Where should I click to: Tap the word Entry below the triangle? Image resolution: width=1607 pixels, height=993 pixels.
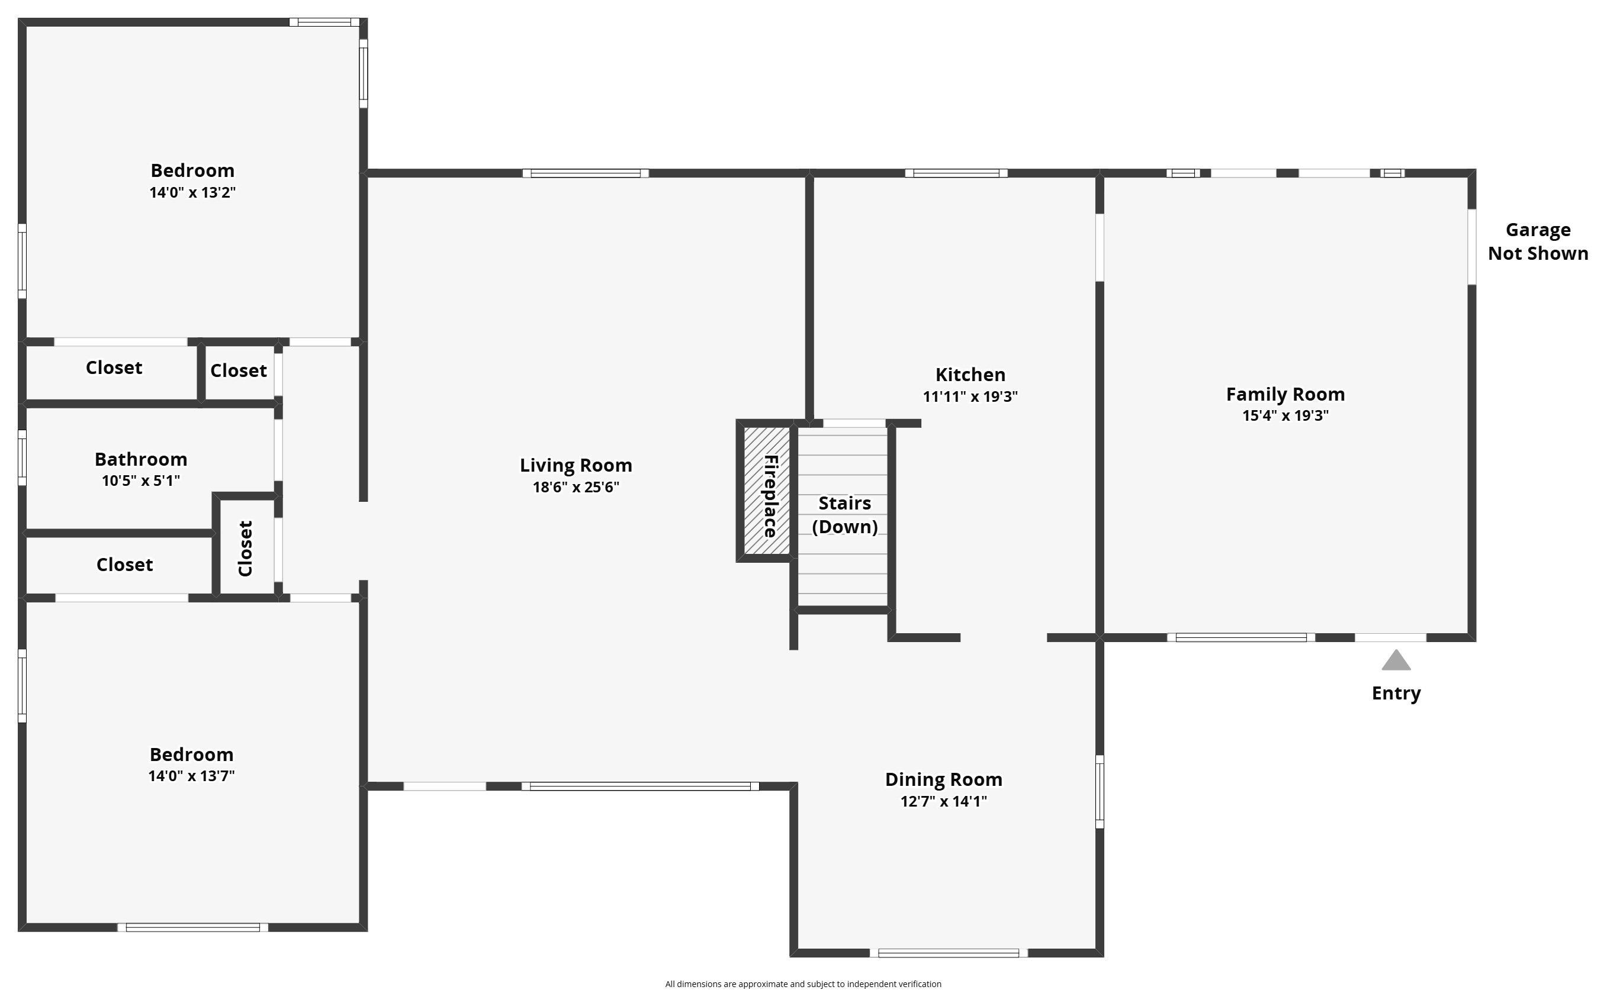pos(1396,694)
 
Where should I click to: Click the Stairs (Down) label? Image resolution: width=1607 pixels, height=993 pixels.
pos(844,515)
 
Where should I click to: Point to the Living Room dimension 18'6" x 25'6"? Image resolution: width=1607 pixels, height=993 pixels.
pos(576,487)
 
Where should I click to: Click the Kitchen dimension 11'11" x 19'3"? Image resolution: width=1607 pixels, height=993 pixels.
pos(970,396)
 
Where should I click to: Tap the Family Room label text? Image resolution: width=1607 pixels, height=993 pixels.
pos(1285,394)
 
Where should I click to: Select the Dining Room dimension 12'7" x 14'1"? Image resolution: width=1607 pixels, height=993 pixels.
pos(943,801)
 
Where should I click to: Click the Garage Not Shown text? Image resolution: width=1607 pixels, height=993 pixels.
pos(1537,241)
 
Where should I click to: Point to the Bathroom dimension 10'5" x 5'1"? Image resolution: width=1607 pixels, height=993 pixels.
pos(140,481)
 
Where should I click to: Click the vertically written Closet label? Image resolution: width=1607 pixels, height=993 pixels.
pos(246,549)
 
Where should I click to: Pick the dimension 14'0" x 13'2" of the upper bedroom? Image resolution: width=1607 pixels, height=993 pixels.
pos(192,192)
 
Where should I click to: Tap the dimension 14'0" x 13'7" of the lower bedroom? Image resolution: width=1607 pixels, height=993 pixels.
pos(191,776)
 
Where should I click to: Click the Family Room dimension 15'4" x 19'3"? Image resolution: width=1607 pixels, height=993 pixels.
pos(1285,415)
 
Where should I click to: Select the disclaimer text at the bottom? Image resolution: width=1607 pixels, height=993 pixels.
pos(803,984)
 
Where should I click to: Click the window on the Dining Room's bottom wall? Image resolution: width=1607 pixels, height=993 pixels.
pos(948,953)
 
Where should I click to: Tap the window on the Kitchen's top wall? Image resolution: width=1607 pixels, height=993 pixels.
pos(956,173)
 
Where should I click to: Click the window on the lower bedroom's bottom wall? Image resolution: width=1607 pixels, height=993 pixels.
pos(192,927)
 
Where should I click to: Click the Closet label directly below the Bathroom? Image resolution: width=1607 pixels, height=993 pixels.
pos(124,565)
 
